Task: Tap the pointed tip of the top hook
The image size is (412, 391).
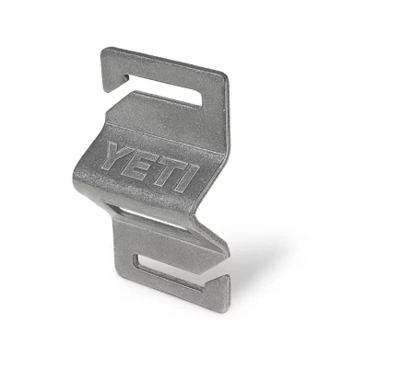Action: tap(108, 89)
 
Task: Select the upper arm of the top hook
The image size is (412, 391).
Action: tap(161, 63)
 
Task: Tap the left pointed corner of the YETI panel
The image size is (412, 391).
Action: tap(74, 167)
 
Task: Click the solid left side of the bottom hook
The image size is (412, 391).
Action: tap(124, 248)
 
